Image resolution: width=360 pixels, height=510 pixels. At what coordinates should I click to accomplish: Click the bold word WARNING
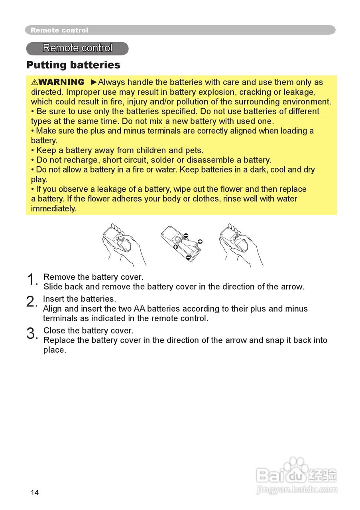tap(62, 82)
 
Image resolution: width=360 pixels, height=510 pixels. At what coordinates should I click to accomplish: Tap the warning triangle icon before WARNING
tap(35, 82)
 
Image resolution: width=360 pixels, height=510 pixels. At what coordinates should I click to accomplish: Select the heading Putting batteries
tap(73, 65)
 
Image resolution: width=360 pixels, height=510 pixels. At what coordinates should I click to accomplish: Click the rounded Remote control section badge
tap(77, 48)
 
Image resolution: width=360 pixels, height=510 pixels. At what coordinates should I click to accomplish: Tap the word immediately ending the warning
tap(53, 208)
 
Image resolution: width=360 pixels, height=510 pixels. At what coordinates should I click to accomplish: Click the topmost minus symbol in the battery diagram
tap(186, 235)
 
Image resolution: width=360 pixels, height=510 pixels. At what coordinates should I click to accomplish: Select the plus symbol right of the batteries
tap(200, 241)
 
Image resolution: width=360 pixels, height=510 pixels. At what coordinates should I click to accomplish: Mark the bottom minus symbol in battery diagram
tap(188, 257)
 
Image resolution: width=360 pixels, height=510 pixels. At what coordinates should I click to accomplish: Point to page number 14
tap(35, 493)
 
